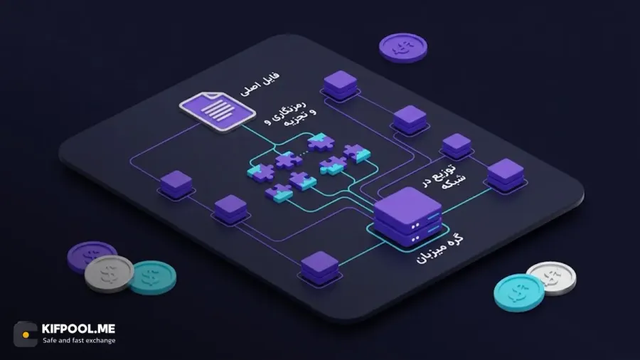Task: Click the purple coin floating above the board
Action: pos(403,48)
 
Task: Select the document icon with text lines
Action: pos(218,111)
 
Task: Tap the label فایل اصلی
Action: pos(260,85)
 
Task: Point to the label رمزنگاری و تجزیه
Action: pos(290,114)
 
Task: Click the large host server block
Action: pos(407,216)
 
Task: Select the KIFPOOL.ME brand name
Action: pos(78,329)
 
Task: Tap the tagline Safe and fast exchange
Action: pos(79,340)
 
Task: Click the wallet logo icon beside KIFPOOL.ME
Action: pos(26,334)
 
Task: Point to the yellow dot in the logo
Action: pos(26,334)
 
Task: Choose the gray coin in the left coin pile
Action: pos(109,273)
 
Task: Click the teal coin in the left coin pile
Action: pos(154,277)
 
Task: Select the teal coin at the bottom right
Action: pos(519,292)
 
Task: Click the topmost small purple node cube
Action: pos(340,85)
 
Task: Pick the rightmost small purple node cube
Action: pos(506,176)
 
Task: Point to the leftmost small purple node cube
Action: pos(176,184)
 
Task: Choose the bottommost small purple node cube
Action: pos(319,268)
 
